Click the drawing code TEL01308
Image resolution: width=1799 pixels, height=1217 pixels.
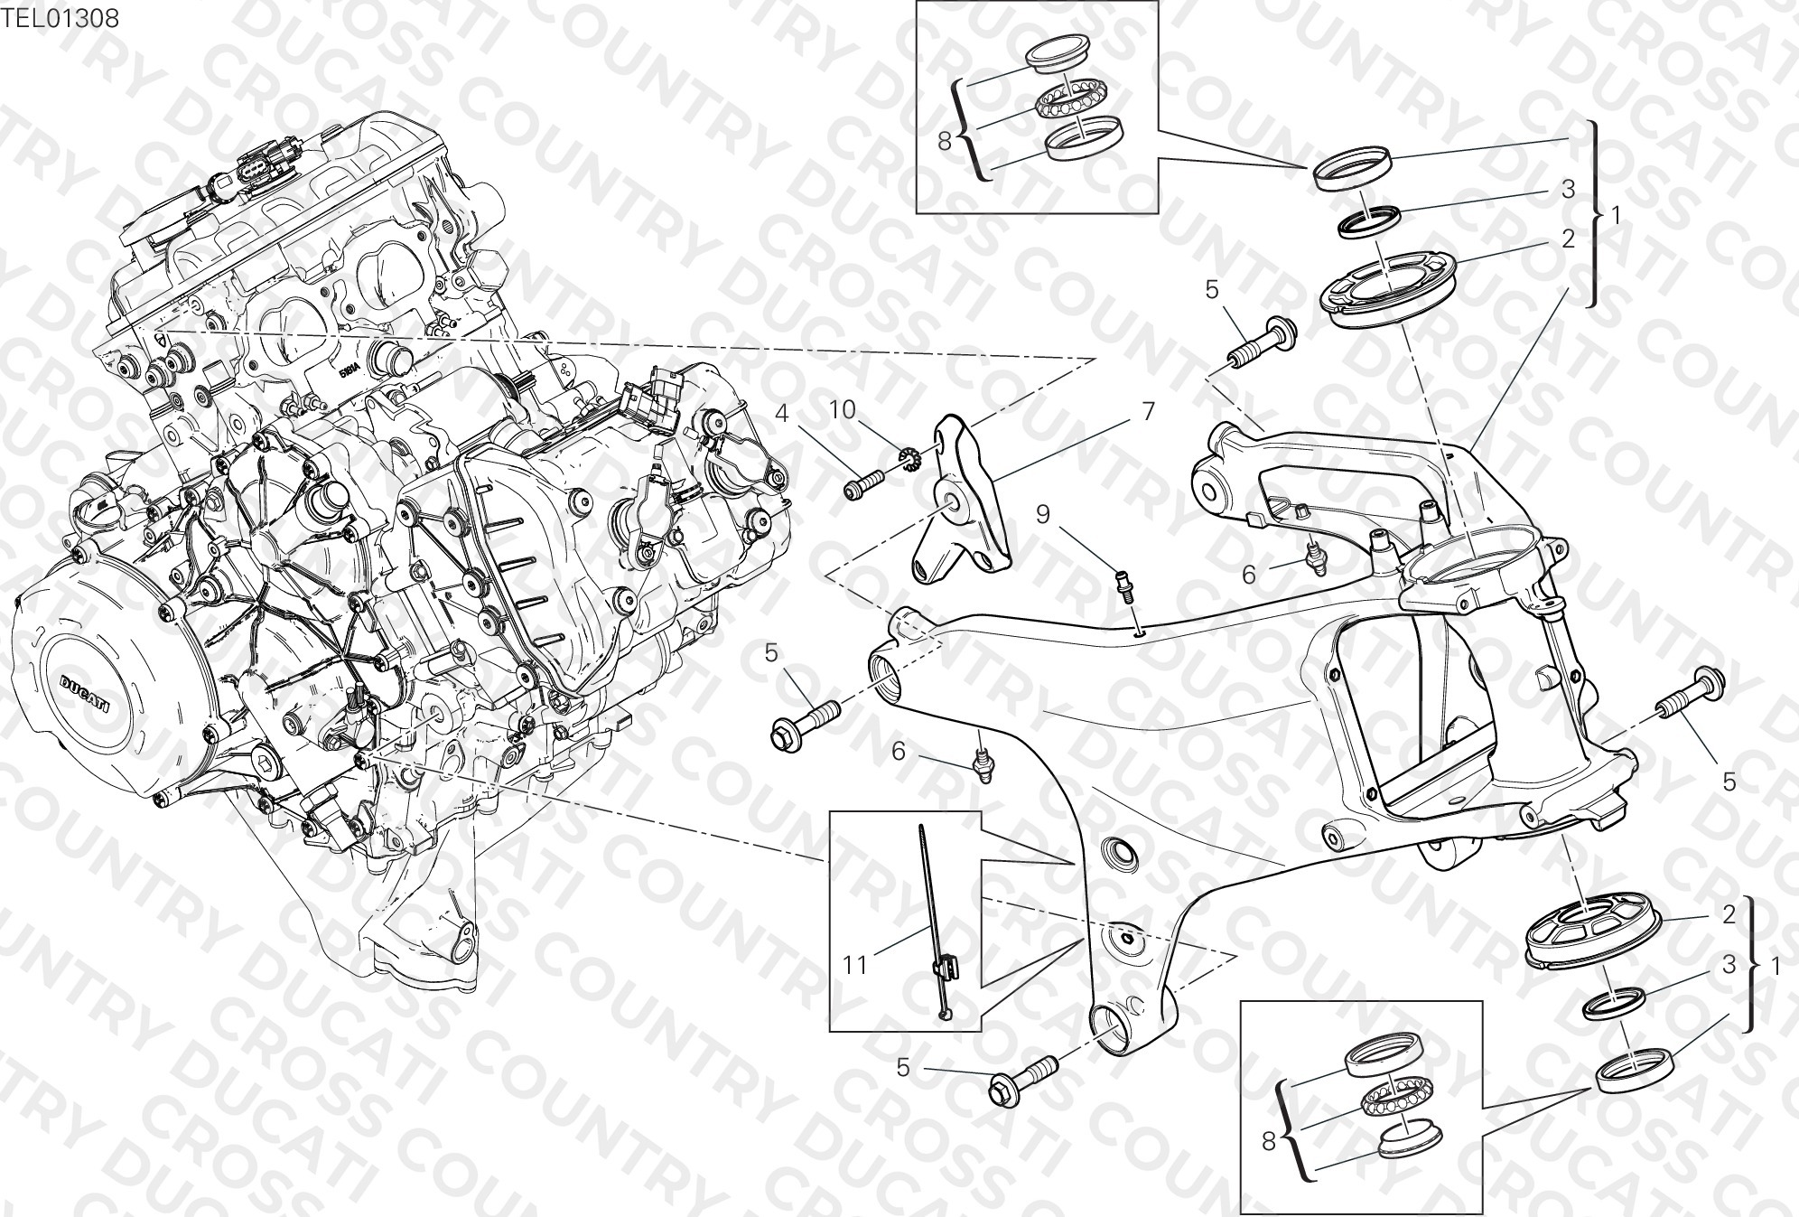coord(60,18)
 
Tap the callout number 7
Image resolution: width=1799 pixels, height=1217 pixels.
coord(1148,412)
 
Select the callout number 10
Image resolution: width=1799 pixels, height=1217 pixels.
coord(843,409)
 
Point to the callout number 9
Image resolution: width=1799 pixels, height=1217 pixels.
coord(1043,515)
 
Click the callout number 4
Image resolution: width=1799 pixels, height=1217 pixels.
coord(782,415)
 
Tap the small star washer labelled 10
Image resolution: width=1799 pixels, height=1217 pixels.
coord(910,461)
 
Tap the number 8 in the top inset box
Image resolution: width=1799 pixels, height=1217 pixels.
coord(945,141)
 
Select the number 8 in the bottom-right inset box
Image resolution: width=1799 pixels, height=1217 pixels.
coord(1267,1142)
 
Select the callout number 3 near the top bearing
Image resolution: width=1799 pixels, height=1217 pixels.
coord(1569,189)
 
